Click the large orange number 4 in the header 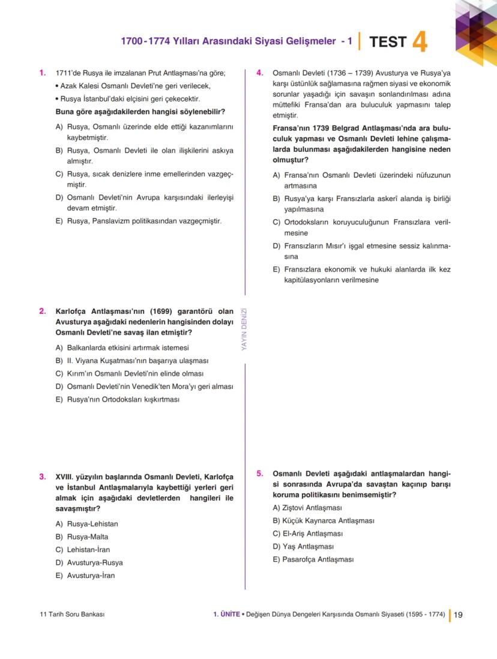[x=420, y=43]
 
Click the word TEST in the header [x=388, y=42]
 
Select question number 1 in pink [x=43, y=73]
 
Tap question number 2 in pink [x=43, y=311]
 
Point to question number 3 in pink [x=43, y=477]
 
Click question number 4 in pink [x=260, y=73]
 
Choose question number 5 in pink [x=260, y=473]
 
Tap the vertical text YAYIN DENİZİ [x=244, y=328]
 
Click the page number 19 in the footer [x=458, y=615]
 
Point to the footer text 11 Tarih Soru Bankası [x=71, y=615]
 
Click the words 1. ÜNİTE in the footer [x=226, y=615]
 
